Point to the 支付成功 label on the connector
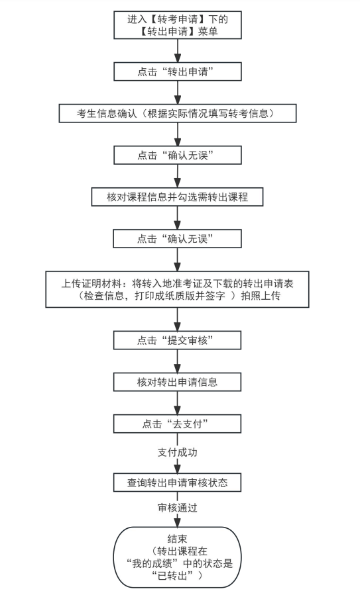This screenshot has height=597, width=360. (x=177, y=453)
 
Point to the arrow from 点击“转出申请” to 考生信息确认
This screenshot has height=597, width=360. (x=177, y=92)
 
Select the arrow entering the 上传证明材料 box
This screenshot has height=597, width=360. (x=177, y=259)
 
